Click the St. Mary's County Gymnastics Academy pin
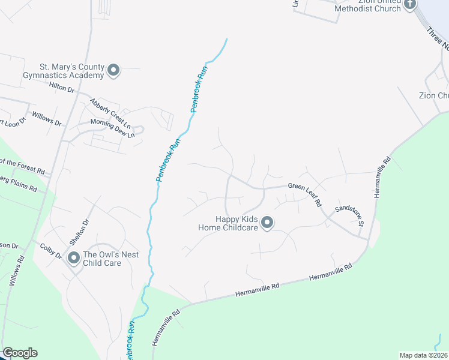click(113, 71)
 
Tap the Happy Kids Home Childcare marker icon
click(267, 223)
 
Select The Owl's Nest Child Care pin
click(74, 259)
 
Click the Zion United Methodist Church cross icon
click(410, 5)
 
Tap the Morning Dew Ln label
click(112, 127)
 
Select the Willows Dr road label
click(47, 118)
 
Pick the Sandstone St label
click(350, 215)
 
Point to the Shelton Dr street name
click(80, 231)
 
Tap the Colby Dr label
click(51, 251)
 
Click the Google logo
click(20, 353)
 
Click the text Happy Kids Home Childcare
click(228, 223)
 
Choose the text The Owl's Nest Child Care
click(110, 259)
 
